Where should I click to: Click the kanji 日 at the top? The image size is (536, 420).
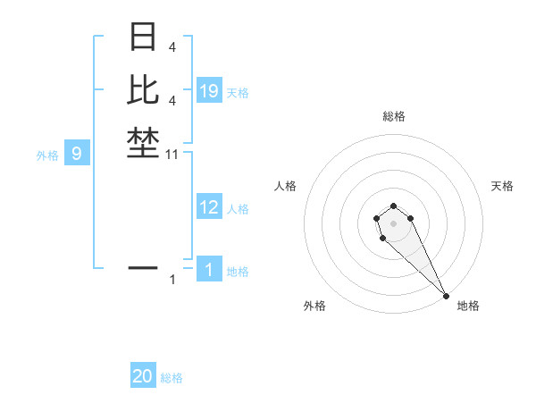143,38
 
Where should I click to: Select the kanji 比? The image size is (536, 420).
143,89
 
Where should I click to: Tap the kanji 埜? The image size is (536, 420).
143,143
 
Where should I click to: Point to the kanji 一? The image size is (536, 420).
143,266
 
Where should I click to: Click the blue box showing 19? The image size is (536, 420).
209,90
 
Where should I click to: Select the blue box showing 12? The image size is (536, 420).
209,207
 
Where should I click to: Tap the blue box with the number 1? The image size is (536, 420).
209,269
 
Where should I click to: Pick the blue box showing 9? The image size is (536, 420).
77,154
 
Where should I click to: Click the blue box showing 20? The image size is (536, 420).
143,376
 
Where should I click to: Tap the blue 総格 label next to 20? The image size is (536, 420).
172,378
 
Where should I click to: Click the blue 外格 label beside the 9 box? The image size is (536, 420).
47,155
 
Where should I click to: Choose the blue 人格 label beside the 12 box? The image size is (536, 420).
238,209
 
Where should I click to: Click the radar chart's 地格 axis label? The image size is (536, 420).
468,306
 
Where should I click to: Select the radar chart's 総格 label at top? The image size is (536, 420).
394,116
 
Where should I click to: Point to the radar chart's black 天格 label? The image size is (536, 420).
502,186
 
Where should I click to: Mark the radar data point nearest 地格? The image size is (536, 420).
446,296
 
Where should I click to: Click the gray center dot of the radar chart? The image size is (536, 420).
394,223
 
